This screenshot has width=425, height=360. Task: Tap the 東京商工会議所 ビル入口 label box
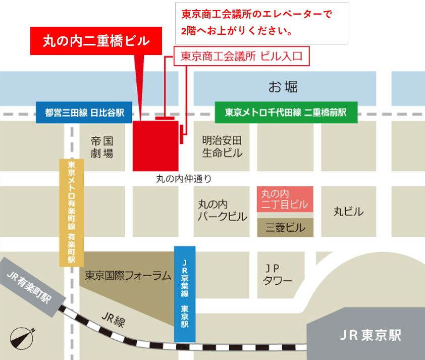pyautogui.click(x=241, y=57)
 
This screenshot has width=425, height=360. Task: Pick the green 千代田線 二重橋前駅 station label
pyautogui.click(x=286, y=112)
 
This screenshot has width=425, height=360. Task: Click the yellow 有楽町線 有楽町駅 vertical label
pyautogui.click(x=71, y=212)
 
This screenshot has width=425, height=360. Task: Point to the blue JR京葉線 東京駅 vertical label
pyautogui.click(x=184, y=294)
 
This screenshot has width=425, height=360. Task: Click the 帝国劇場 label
pyautogui.click(x=102, y=147)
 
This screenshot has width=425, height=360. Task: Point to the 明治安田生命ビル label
pyautogui.click(x=222, y=146)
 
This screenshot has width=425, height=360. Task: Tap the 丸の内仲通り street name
pyautogui.click(x=184, y=178)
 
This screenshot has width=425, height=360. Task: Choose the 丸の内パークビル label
pyautogui.click(x=222, y=211)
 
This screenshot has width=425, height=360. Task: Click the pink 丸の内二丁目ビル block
pyautogui.click(x=285, y=199)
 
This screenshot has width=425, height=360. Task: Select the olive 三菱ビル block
pyautogui.click(x=285, y=228)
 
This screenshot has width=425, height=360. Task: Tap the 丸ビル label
pyautogui.click(x=348, y=211)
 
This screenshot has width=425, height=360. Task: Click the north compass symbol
pyautogui.click(x=22, y=338)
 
